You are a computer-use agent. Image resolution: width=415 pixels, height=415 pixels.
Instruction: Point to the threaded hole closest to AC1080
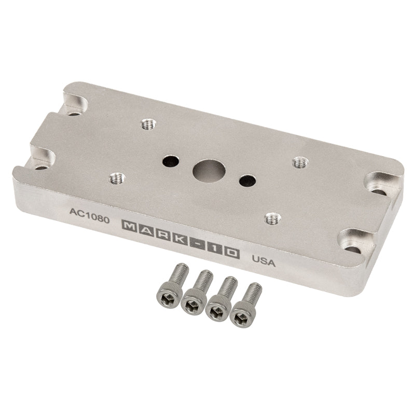(116, 179)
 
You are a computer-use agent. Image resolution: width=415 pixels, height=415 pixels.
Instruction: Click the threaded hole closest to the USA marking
(269, 217)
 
